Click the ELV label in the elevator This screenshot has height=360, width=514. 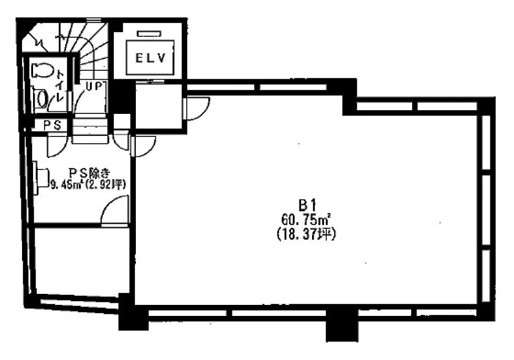click(151, 58)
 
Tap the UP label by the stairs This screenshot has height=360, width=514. click(94, 86)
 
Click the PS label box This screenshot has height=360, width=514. click(52, 125)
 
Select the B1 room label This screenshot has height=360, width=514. click(307, 206)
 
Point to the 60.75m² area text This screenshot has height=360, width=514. click(305, 219)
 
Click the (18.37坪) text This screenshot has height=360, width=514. click(306, 234)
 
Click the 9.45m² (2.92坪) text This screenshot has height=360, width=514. click(89, 185)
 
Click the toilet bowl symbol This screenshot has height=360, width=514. click(42, 70)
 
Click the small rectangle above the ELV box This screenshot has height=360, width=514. click(149, 33)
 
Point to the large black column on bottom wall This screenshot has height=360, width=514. click(341, 325)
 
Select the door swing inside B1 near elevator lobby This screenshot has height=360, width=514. click(196, 109)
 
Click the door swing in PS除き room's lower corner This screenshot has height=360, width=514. click(114, 210)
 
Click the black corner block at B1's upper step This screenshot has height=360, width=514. click(349, 97)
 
